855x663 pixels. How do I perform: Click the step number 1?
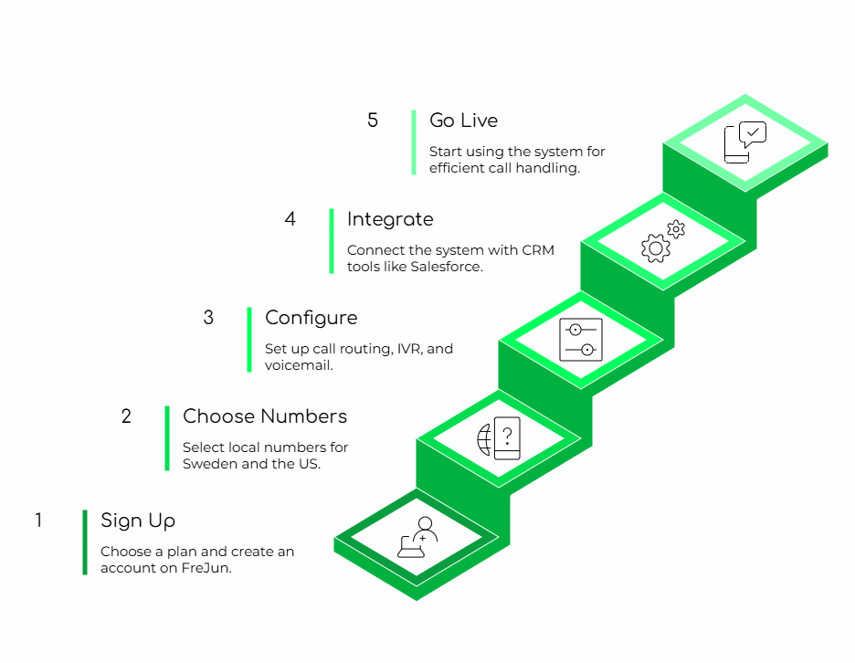38,521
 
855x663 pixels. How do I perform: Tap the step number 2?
126,416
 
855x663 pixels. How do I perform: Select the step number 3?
208,318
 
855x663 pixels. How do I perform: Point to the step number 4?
290,219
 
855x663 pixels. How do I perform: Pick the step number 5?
373,121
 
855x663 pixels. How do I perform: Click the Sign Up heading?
138,521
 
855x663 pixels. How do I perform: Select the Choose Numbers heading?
265,416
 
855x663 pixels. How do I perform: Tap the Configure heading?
311,318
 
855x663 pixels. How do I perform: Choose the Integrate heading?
390,219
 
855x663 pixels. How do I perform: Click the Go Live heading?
463,121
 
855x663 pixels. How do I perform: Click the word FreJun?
206,568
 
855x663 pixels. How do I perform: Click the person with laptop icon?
418,538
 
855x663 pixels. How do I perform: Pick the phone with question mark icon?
505,437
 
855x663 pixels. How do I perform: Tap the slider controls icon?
581,340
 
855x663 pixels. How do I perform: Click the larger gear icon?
655,248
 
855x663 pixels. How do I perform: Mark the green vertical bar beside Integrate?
332,241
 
